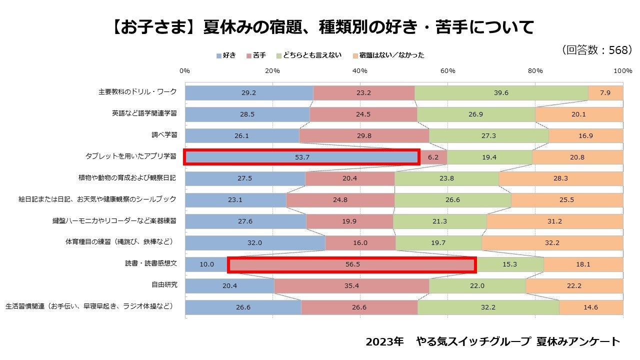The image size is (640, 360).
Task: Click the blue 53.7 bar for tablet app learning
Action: tap(302, 157)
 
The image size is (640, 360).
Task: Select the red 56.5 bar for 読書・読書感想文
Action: tap(352, 264)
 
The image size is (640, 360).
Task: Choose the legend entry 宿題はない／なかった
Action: tap(388, 55)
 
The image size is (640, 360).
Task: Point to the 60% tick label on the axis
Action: tap(447, 71)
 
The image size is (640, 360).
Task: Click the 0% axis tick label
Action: tap(185, 71)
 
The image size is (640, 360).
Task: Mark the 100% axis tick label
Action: tap(622, 71)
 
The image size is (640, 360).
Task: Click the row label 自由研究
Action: tap(164, 285)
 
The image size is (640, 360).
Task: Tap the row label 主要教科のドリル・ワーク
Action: tap(137, 92)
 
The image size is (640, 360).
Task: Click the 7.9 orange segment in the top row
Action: tap(605, 92)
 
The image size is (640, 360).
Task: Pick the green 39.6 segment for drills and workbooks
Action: tap(501, 92)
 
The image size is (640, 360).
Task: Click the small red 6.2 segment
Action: tap(433, 157)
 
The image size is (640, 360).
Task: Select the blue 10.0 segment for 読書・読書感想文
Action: tap(206, 264)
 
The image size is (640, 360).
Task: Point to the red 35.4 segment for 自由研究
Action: tap(351, 286)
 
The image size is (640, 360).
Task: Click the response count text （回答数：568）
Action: tap(597, 50)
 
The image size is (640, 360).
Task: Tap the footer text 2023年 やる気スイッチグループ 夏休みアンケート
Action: tap(492, 341)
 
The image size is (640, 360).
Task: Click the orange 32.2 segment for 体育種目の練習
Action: tap(552, 243)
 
